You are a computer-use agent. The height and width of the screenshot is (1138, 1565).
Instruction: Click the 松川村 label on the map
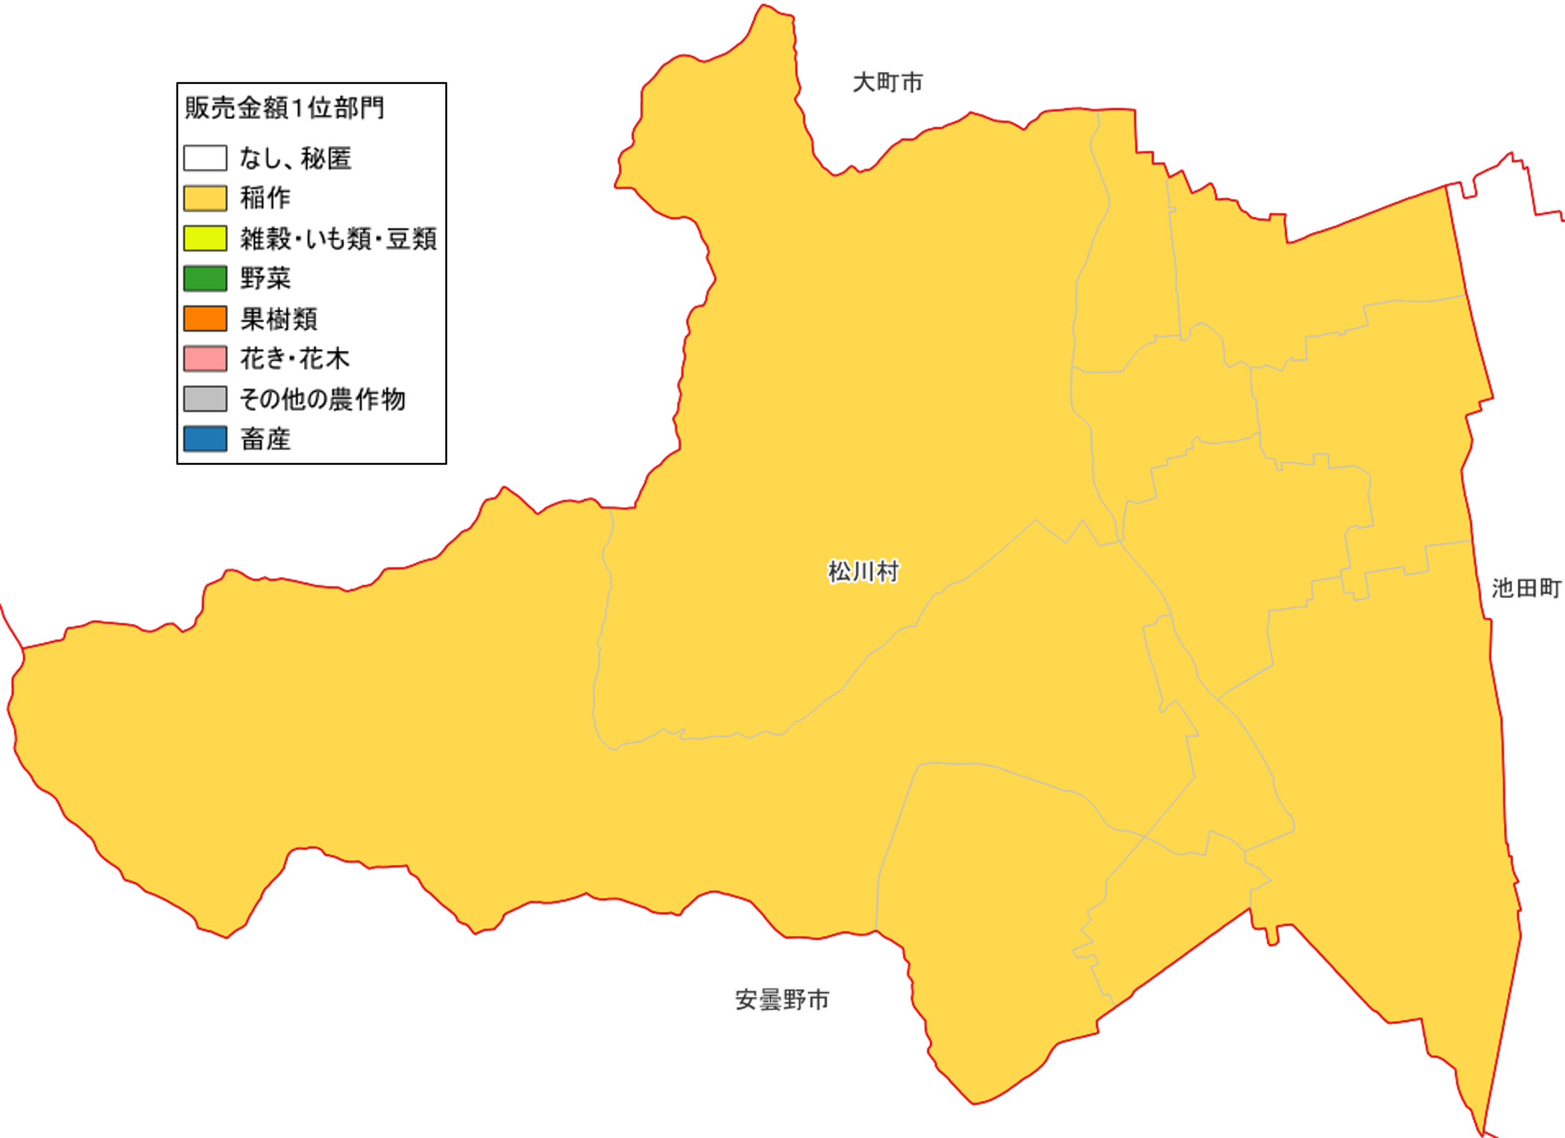[x=863, y=572]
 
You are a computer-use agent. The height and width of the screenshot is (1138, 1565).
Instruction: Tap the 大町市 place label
[x=887, y=83]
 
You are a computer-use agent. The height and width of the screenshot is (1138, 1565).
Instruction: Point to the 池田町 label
[x=1526, y=588]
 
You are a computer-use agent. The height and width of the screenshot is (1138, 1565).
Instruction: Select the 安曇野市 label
[x=782, y=1000]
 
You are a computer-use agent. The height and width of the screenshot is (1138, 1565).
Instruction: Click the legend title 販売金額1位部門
[x=285, y=108]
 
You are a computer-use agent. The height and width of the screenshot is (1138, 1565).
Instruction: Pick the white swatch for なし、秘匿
[x=205, y=158]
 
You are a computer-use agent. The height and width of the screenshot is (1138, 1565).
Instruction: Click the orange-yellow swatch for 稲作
[x=205, y=198]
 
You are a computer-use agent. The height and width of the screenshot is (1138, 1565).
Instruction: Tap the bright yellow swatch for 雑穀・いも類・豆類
[x=205, y=238]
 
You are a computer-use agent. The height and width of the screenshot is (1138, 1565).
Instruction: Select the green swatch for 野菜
[x=205, y=278]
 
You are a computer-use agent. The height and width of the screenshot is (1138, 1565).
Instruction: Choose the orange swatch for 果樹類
[x=205, y=318]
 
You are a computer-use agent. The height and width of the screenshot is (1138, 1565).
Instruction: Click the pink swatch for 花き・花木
[x=205, y=358]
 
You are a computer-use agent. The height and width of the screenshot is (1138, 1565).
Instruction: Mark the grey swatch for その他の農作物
[x=205, y=398]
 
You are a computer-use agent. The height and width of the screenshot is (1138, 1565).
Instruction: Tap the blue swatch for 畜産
[x=205, y=438]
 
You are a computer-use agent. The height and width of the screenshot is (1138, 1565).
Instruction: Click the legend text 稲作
[x=265, y=198]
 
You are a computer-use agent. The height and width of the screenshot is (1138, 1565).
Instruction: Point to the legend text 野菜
[x=265, y=278]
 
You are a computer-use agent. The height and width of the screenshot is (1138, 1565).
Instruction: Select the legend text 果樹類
[x=278, y=319]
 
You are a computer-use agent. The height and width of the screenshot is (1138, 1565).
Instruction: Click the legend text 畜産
[x=265, y=439]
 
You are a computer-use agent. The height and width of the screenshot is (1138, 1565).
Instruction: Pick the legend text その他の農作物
[x=322, y=399]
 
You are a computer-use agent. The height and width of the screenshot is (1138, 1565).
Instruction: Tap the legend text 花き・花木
[x=295, y=359]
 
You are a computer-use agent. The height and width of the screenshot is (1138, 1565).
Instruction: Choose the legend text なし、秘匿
[x=295, y=159]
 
